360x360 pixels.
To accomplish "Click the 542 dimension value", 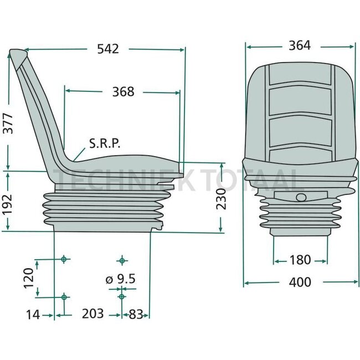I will pyautogui.click(x=107, y=49).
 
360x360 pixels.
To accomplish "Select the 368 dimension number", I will pyautogui.click(x=123, y=91).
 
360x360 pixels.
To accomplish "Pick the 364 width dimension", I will pyautogui.click(x=300, y=46).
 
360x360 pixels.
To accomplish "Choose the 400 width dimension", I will pyautogui.click(x=300, y=282).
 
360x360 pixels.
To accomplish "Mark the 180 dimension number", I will pyautogui.click(x=300, y=260).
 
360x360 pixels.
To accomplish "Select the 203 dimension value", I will pyautogui.click(x=93, y=314).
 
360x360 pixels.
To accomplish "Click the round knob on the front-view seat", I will pyautogui.click(x=300, y=198).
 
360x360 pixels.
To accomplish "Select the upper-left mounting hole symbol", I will pyautogui.click(x=64, y=259).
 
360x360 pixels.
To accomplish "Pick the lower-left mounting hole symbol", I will pyautogui.click(x=64, y=297).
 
